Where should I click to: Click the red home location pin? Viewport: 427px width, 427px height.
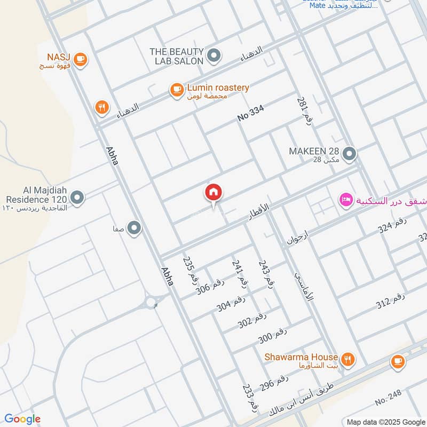click(213, 193)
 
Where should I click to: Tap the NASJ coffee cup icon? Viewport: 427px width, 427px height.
click(81, 59)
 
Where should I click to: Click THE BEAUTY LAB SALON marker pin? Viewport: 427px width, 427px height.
click(213, 55)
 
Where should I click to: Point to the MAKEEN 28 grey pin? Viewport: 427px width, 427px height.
click(350, 154)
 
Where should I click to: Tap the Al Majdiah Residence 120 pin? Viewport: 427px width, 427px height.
click(77, 199)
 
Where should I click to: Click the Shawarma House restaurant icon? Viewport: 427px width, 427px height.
click(348, 359)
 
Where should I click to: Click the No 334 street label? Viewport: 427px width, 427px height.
click(251, 113)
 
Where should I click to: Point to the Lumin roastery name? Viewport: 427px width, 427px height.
click(218, 88)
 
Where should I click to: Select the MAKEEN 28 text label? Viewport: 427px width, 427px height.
click(314, 151)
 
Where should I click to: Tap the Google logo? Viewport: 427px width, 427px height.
click(22, 418)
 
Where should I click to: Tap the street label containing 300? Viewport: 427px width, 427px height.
click(273, 335)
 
